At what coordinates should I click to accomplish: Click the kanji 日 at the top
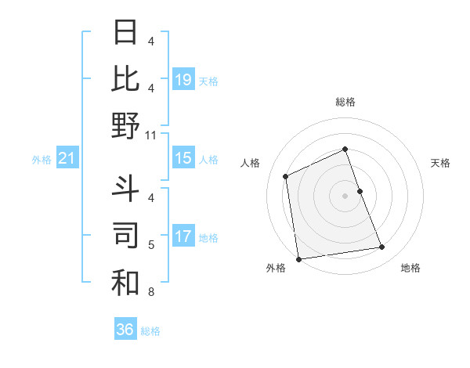coord(125,33)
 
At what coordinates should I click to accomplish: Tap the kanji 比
coord(125,79)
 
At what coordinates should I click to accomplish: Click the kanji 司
coord(125,236)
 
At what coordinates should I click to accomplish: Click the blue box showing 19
coord(183,79)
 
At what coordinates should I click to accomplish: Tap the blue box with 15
coord(183,158)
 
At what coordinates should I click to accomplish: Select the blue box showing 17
coord(183,236)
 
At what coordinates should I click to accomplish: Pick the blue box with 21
coord(67,159)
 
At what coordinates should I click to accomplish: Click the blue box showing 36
coord(125,330)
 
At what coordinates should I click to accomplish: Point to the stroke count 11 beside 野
coord(152,135)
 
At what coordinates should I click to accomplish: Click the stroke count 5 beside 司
coord(152,245)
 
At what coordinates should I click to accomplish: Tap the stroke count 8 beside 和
coord(152,292)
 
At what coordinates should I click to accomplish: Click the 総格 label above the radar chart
coord(345,102)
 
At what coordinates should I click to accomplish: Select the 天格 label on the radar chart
coord(440,163)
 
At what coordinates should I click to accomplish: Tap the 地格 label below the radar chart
coord(410,268)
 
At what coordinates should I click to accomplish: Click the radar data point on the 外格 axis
coord(298,259)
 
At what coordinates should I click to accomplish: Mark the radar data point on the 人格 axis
coord(286,176)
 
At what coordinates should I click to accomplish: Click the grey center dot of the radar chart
coord(345,195)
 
